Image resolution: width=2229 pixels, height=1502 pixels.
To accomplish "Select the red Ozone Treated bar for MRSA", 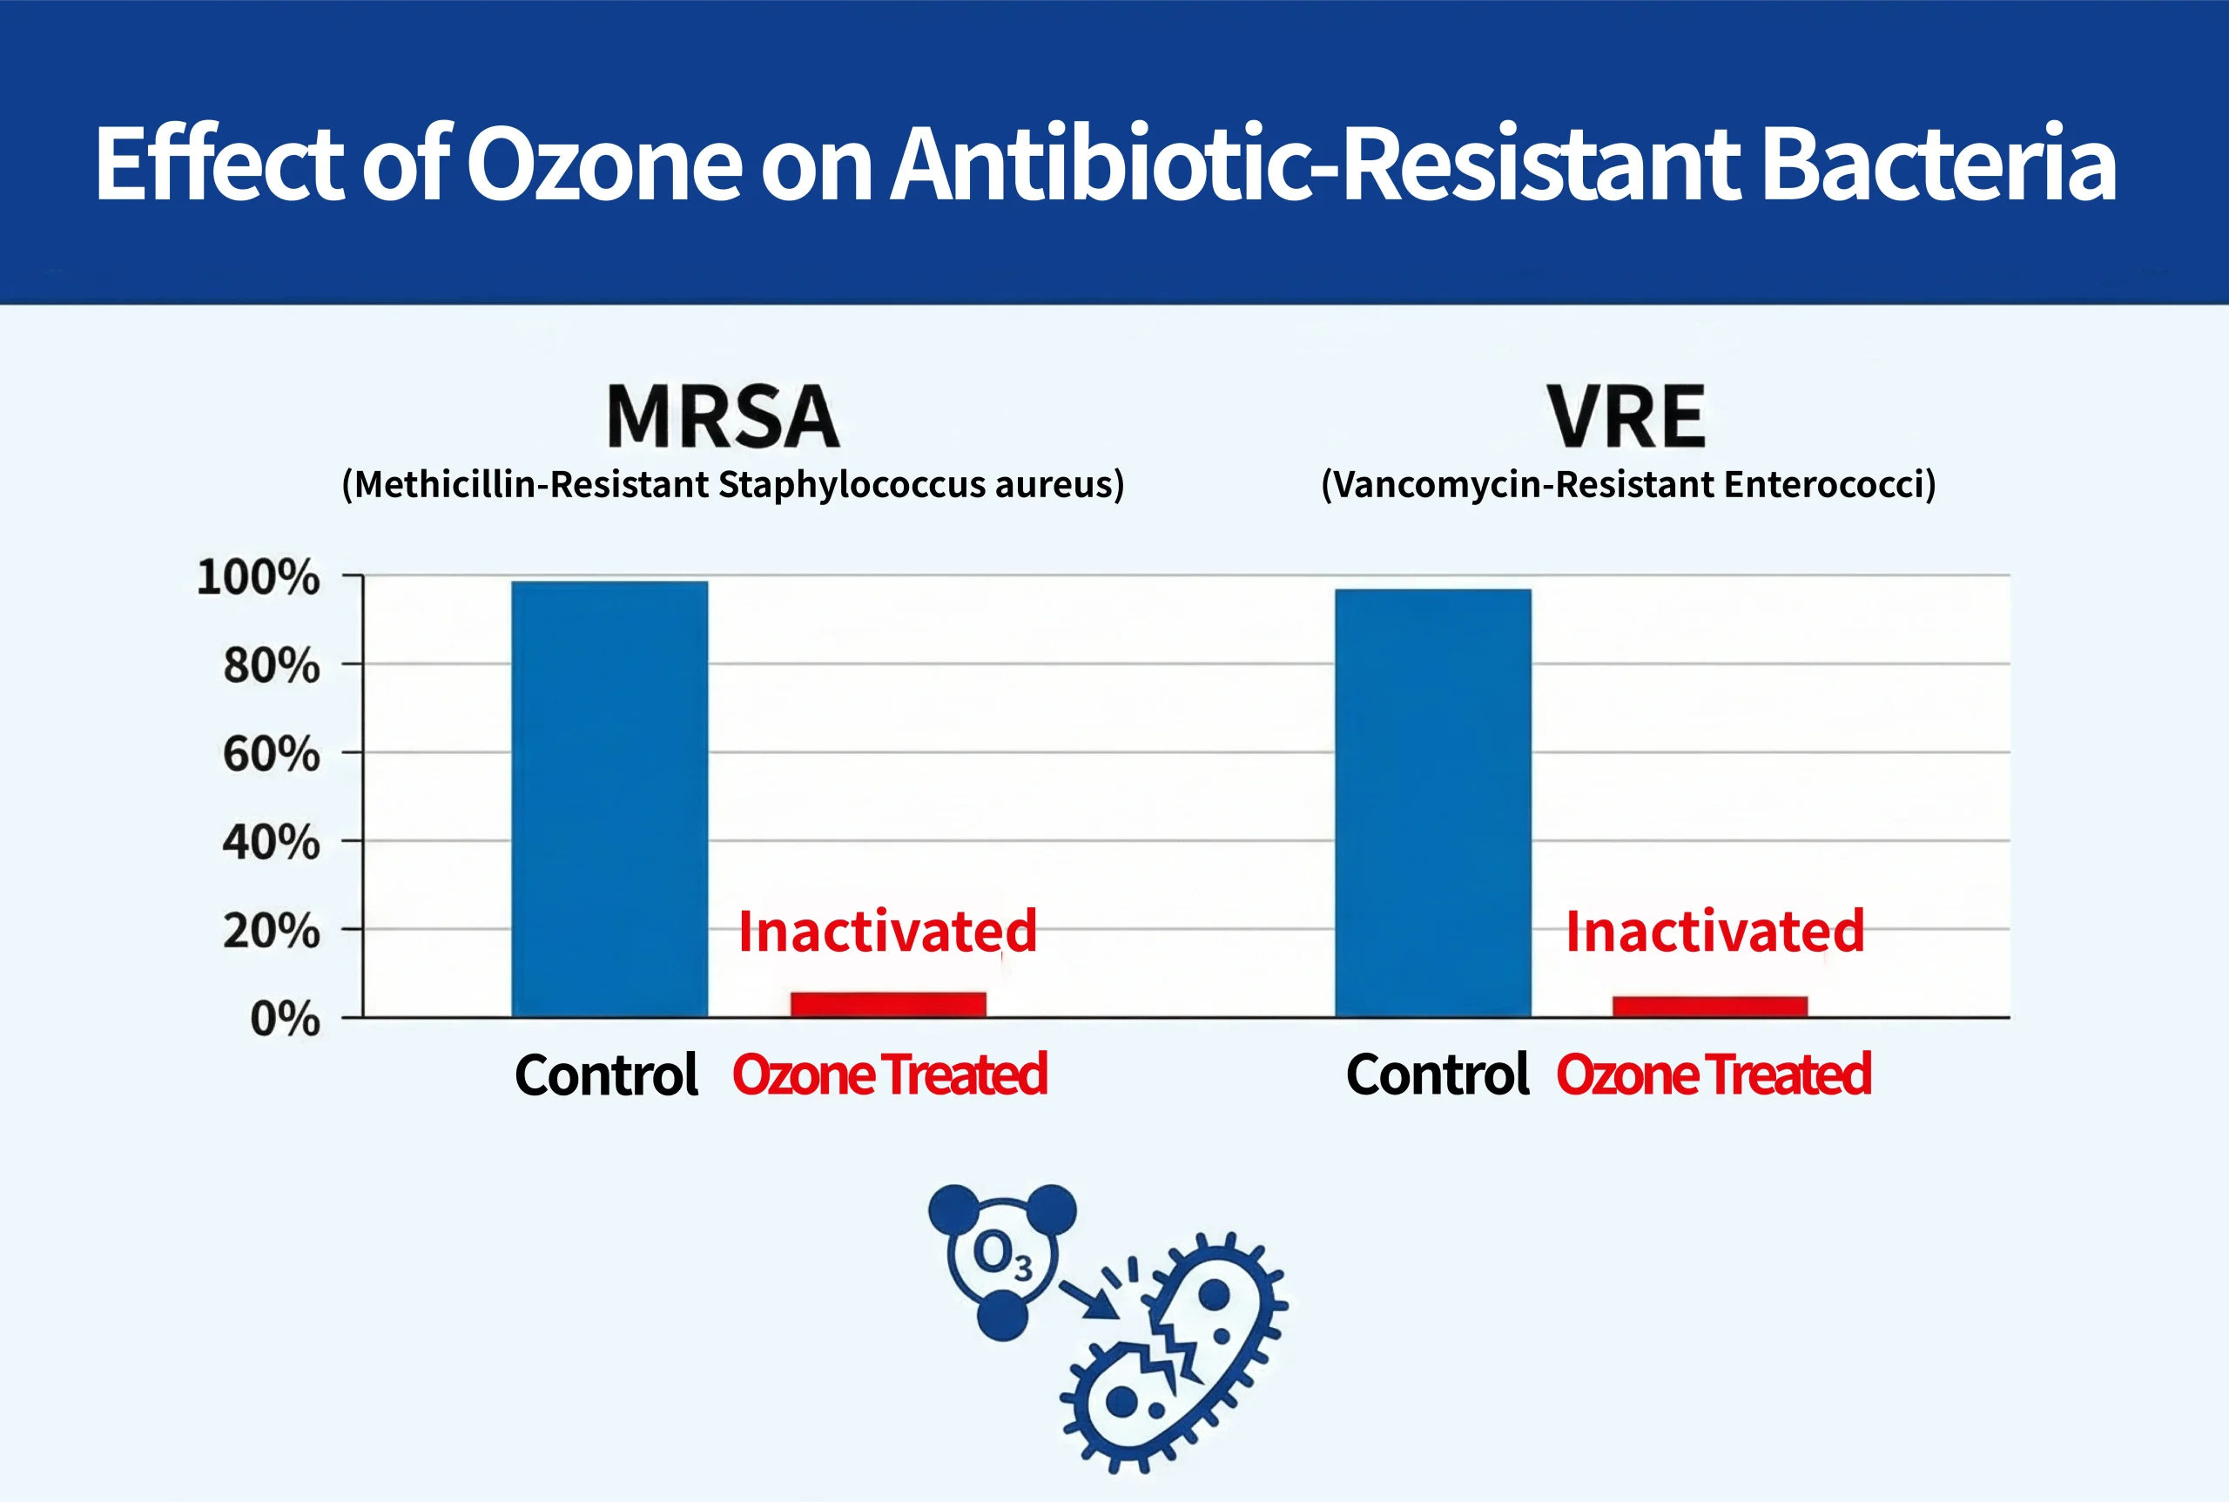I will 888,1004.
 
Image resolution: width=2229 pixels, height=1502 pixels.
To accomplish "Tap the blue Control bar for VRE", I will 1433,802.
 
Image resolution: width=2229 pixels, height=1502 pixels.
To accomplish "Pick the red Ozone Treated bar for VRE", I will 1710,1006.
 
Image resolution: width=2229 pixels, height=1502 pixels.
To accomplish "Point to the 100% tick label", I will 258,577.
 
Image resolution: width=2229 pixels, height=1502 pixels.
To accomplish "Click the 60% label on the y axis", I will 271,754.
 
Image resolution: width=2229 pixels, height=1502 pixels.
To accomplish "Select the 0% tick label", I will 285,1020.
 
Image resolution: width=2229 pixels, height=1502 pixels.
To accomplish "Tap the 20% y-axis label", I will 271,931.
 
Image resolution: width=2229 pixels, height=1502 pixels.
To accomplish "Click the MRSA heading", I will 724,417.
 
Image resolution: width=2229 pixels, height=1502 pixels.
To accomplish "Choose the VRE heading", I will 1626,417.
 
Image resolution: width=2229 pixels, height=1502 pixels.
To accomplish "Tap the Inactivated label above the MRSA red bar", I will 888,931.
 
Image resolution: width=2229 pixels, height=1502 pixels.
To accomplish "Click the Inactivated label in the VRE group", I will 1714,931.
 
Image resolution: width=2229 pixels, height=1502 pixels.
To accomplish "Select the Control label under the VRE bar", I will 1437,1074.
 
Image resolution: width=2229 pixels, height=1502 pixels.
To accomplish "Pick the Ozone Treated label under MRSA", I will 890,1074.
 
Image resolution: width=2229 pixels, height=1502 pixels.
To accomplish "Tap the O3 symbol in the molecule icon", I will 1002,1255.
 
